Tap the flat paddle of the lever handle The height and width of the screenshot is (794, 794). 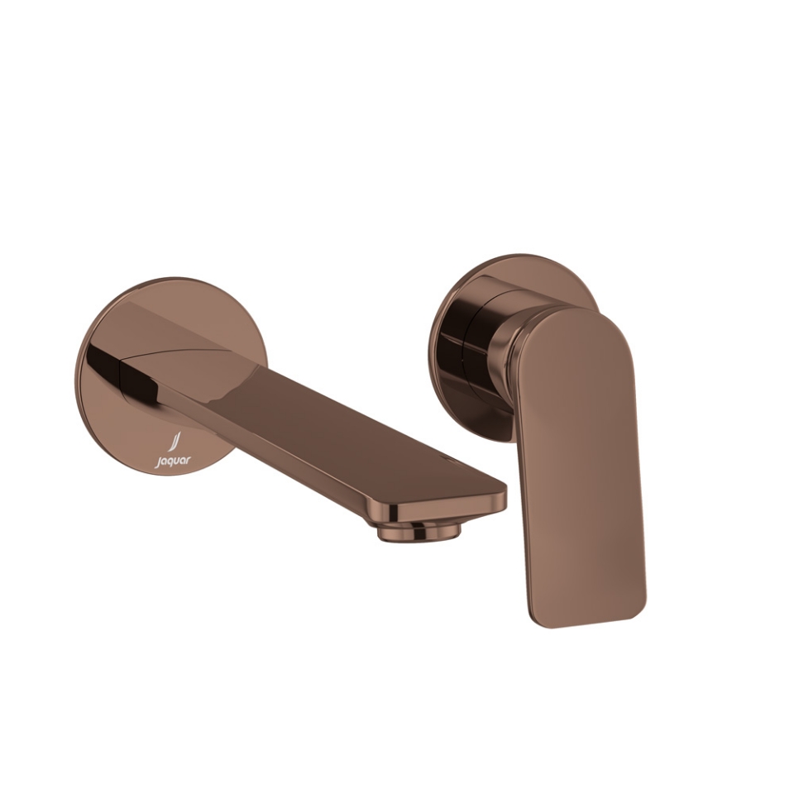coord(583,463)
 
